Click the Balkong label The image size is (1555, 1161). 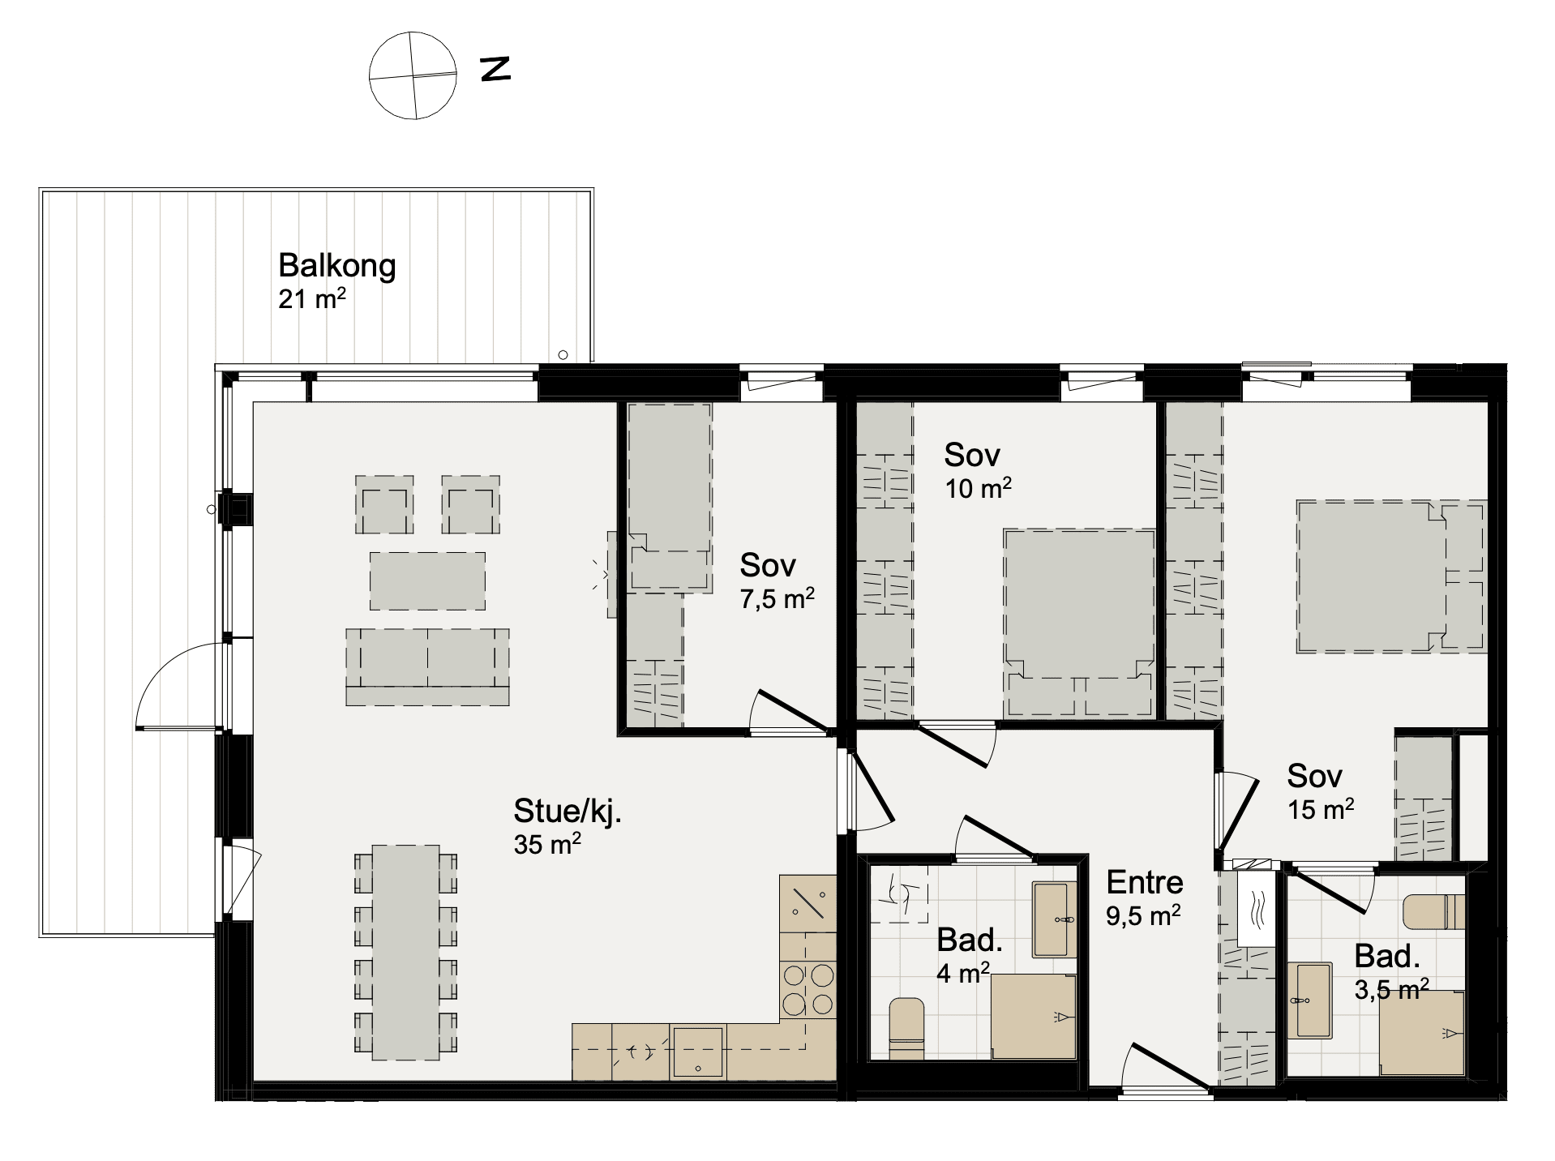(336, 266)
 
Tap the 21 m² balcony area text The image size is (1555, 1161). (312, 298)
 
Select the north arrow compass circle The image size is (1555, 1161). (413, 75)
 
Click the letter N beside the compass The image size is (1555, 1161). (495, 69)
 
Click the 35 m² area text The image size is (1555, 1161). (547, 844)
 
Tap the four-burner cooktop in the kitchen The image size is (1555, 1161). (807, 989)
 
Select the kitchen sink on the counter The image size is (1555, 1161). (697, 1052)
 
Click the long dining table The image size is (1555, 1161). (405, 952)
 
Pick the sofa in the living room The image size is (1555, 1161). (427, 666)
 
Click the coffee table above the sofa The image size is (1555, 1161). (427, 580)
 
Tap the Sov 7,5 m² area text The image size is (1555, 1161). (777, 599)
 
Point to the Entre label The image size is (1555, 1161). (1144, 882)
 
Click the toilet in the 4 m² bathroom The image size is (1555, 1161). (906, 1029)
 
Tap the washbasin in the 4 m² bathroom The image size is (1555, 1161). (1054, 919)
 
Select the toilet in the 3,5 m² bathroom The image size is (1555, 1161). (1433, 911)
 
